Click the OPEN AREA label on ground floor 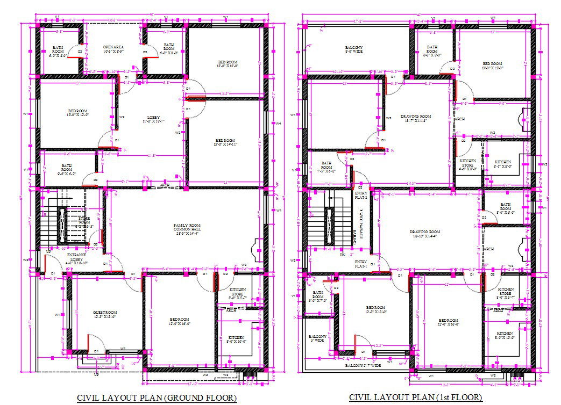pyautogui.click(x=113, y=50)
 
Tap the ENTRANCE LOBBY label pyautogui.click(x=77, y=258)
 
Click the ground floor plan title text pyautogui.click(x=157, y=397)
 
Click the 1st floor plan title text pyautogui.click(x=416, y=397)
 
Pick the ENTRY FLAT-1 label pyautogui.click(x=360, y=263)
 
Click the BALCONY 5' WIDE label pyautogui.click(x=316, y=338)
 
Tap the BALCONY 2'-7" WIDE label pyautogui.click(x=363, y=365)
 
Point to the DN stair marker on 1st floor pyautogui.click(x=342, y=255)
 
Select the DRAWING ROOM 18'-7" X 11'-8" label pyautogui.click(x=416, y=118)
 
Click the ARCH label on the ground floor pyautogui.click(x=165, y=186)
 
